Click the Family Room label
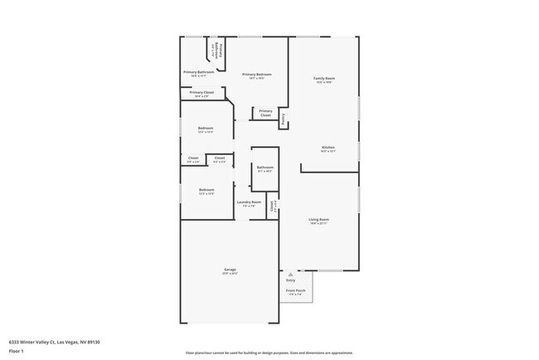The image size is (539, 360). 323,79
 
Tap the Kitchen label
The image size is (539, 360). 328,149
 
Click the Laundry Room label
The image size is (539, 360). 249,202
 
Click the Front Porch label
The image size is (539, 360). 296,291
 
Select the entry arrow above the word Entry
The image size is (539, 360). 290,272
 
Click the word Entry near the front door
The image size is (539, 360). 290,280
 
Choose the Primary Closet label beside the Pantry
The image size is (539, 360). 265,113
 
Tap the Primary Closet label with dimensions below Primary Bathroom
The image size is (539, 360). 202,94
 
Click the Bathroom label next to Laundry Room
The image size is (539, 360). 265,169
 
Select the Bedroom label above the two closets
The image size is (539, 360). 206,129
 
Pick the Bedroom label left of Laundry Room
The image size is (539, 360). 206,191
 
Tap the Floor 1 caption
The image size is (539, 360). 16,351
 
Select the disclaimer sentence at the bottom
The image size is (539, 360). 269,353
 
